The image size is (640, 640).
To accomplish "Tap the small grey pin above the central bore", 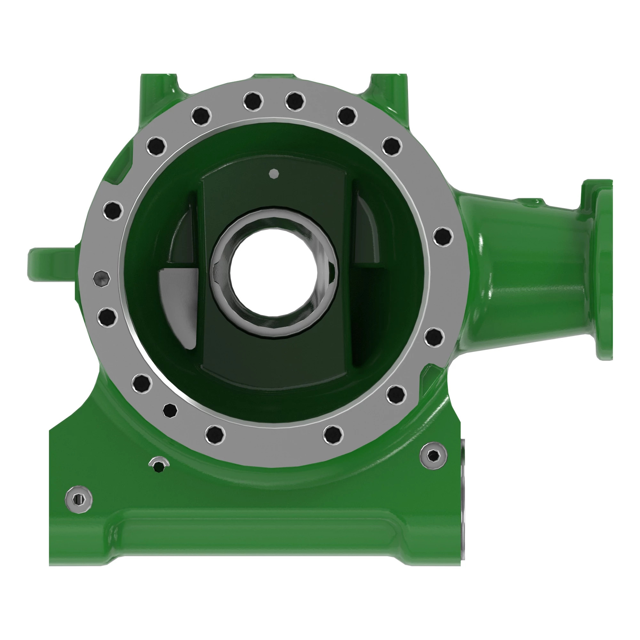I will point(274,173).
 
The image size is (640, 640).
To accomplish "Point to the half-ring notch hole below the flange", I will point(159,465).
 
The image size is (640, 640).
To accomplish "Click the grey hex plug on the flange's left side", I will point(101,279).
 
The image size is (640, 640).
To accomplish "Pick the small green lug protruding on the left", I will point(50,265).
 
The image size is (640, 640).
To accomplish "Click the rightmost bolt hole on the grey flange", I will point(443,236).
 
